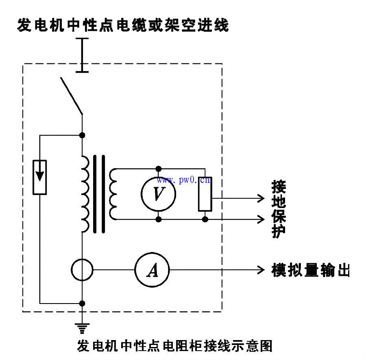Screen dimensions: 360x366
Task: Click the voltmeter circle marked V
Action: (158, 194)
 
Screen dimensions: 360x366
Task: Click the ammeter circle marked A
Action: (152, 270)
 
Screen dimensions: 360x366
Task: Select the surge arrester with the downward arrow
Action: (39, 177)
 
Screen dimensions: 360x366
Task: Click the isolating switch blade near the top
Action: (72, 95)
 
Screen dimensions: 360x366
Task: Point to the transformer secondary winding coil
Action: (113, 194)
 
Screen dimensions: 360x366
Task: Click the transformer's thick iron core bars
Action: (99, 194)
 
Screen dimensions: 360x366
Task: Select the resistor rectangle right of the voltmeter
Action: (205, 194)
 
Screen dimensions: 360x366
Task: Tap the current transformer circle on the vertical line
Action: (82, 270)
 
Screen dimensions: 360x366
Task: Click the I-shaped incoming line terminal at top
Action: (82, 55)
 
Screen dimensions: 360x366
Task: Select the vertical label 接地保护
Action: (279, 209)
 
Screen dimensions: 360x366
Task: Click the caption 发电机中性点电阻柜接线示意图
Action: (174, 346)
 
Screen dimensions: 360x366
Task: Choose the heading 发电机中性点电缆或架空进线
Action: (123, 26)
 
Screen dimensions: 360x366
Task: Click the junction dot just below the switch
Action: (82, 135)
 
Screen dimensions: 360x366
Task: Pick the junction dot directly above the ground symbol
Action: (82, 303)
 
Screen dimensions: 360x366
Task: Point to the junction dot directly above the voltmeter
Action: (158, 168)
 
